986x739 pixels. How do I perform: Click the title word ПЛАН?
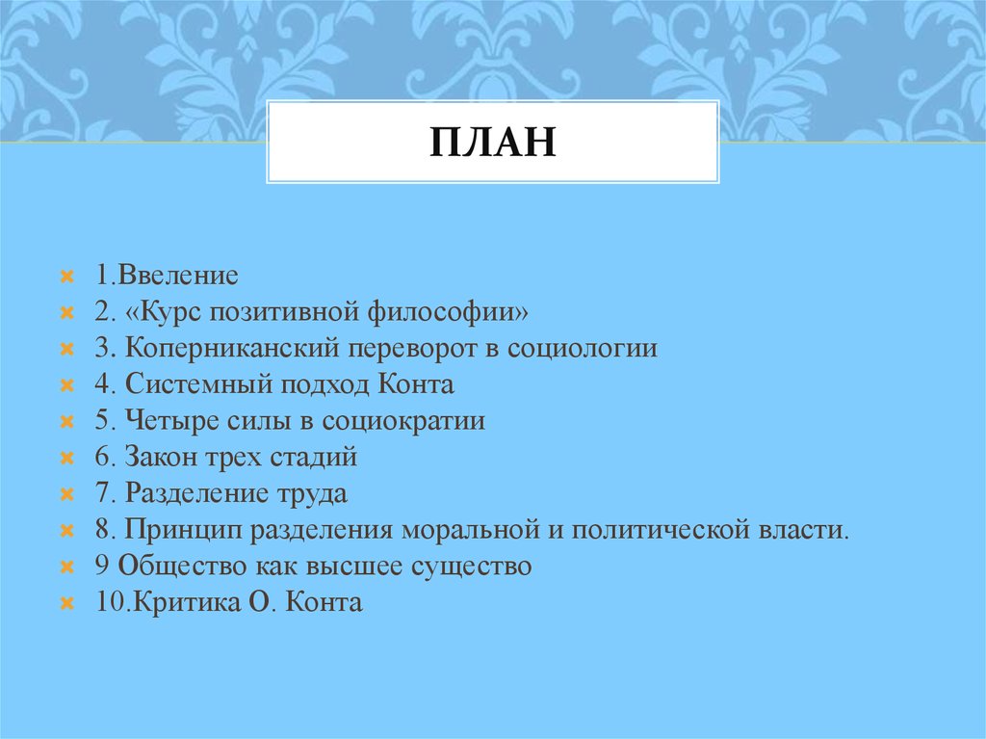coord(492,143)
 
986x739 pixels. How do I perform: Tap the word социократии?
coord(403,421)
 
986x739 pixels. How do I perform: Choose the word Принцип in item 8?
coord(179,531)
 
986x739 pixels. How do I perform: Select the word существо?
coord(473,567)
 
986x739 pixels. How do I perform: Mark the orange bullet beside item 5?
coord(67,422)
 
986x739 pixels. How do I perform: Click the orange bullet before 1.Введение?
coord(67,277)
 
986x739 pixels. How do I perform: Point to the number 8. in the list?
coord(104,531)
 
